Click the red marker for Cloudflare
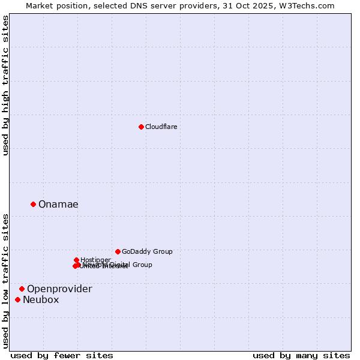point(141,127)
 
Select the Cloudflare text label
point(161,127)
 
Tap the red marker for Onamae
point(33,204)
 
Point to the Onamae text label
point(58,204)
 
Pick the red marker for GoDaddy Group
point(118,251)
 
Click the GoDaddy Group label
point(147,251)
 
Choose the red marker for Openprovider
point(22,289)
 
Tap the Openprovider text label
point(59,289)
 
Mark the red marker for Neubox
point(17,299)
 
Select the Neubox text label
point(41,299)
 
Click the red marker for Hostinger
point(76,260)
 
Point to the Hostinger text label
point(95,260)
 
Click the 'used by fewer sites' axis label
point(62,355)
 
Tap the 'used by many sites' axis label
point(301,355)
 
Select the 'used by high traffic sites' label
point(5,85)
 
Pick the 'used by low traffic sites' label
point(5,281)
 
